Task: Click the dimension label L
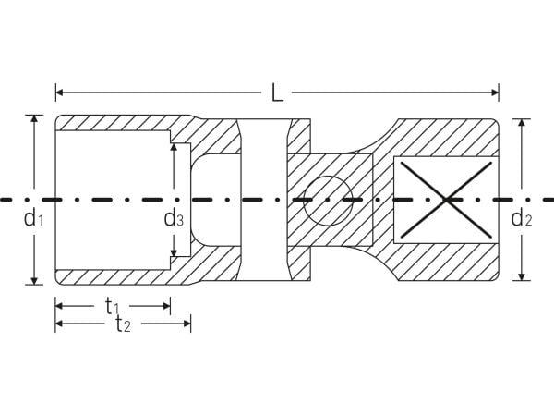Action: point(278,92)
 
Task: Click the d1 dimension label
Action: point(33,217)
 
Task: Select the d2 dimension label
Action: point(522,217)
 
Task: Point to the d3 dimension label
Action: point(174,217)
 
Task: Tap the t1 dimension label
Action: point(112,306)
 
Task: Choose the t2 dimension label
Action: point(124,324)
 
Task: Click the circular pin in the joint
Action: point(328,201)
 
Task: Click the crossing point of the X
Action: point(446,200)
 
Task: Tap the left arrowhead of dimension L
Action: point(59,92)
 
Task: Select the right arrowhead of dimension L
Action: point(495,92)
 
